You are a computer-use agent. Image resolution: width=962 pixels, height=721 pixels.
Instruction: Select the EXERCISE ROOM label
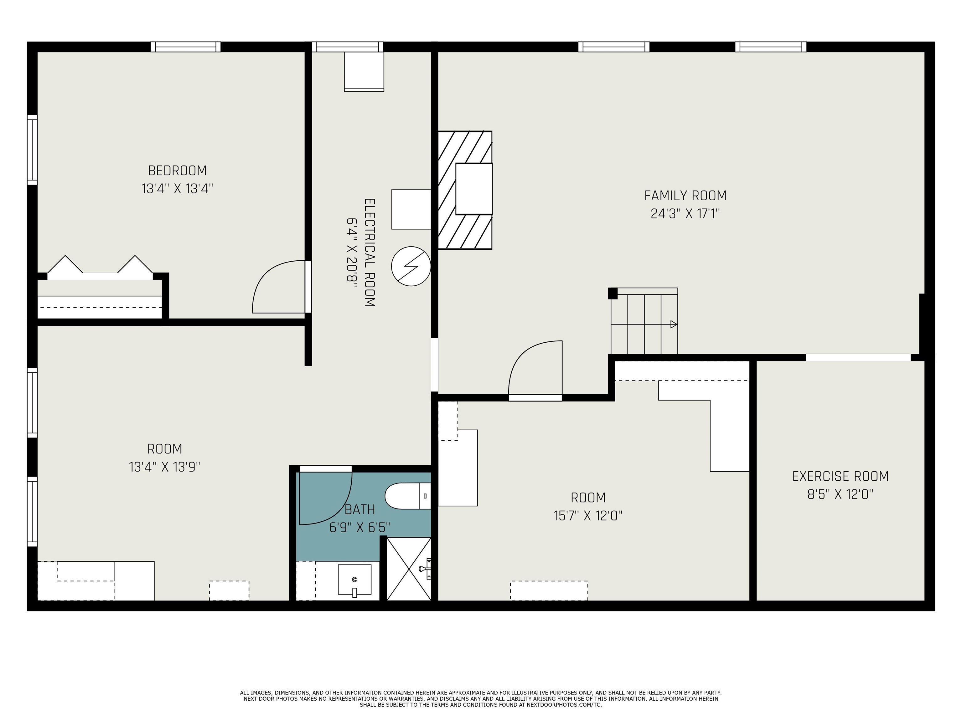tap(840, 476)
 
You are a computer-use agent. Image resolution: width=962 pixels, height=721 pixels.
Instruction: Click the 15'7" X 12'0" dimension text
tap(588, 516)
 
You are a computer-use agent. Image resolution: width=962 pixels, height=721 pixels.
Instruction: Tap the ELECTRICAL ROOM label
tap(369, 253)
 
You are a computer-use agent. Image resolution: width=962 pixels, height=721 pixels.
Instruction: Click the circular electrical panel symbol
tap(411, 266)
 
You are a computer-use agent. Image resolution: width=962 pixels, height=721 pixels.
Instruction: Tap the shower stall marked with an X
tap(409, 569)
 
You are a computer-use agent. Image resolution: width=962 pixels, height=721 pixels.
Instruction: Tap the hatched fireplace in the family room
tap(465, 190)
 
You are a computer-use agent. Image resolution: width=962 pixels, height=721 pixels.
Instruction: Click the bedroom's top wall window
tap(186, 47)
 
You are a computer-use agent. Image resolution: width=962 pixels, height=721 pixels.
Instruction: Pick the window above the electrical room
tap(348, 47)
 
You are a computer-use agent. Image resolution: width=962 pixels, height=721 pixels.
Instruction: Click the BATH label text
tap(360, 509)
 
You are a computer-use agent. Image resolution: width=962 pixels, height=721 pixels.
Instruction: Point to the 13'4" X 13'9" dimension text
tap(164, 467)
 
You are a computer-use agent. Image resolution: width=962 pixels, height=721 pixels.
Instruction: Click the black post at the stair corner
tap(612, 293)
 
